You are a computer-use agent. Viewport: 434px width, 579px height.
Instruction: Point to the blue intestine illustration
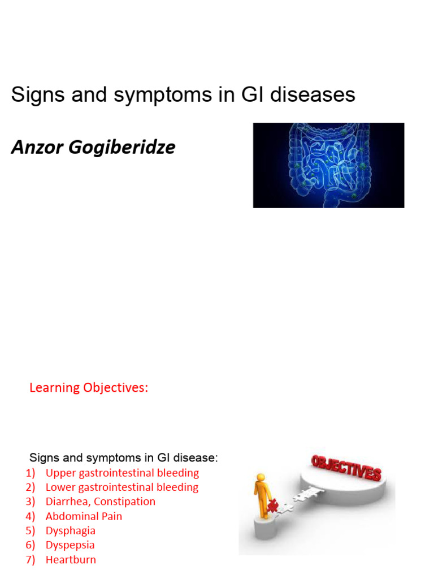pyautogui.click(x=328, y=165)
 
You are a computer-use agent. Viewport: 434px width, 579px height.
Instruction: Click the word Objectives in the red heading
pyautogui.click(x=115, y=388)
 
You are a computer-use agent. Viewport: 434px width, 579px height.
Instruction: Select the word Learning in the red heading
pyautogui.click(x=55, y=388)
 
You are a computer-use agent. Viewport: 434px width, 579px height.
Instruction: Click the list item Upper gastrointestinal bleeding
pyautogui.click(x=122, y=473)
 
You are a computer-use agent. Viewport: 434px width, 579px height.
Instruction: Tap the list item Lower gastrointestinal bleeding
pyautogui.click(x=122, y=487)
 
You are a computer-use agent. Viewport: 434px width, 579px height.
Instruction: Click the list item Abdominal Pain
pyautogui.click(x=84, y=516)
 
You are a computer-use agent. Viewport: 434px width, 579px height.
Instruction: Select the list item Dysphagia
pyautogui.click(x=71, y=530)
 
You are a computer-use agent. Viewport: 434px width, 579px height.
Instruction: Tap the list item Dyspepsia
pyautogui.click(x=70, y=545)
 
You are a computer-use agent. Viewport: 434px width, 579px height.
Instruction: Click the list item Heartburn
pyautogui.click(x=71, y=560)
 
